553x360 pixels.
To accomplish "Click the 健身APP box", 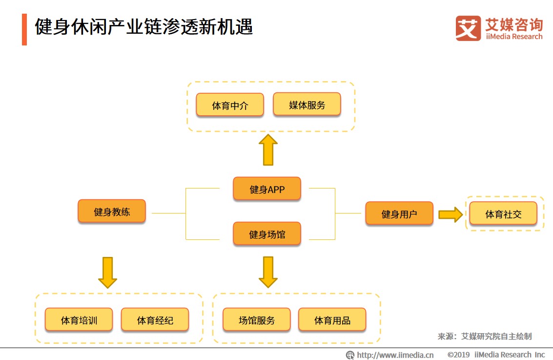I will click(267, 189).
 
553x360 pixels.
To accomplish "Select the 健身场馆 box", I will click(267, 234).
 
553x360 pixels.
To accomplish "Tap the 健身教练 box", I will click(112, 212).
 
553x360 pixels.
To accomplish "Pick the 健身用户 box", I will click(399, 214).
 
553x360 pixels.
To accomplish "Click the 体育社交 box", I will click(503, 214).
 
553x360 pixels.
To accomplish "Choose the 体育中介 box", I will click(230, 105).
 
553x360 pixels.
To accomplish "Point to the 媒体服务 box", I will click(307, 105).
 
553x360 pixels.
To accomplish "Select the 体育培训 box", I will click(79, 320).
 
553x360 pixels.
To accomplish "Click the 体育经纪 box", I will click(155, 320).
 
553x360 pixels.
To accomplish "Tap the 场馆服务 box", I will click(257, 320).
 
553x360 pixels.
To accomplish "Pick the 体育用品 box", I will click(332, 320).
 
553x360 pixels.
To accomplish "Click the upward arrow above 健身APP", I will click(267, 150).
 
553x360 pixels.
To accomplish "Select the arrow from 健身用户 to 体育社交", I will click(450, 214).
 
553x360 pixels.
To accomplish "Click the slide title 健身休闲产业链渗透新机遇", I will click(144, 27).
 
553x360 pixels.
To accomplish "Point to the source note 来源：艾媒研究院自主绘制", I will click(484, 336).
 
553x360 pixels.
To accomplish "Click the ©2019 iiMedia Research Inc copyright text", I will click(496, 355).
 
